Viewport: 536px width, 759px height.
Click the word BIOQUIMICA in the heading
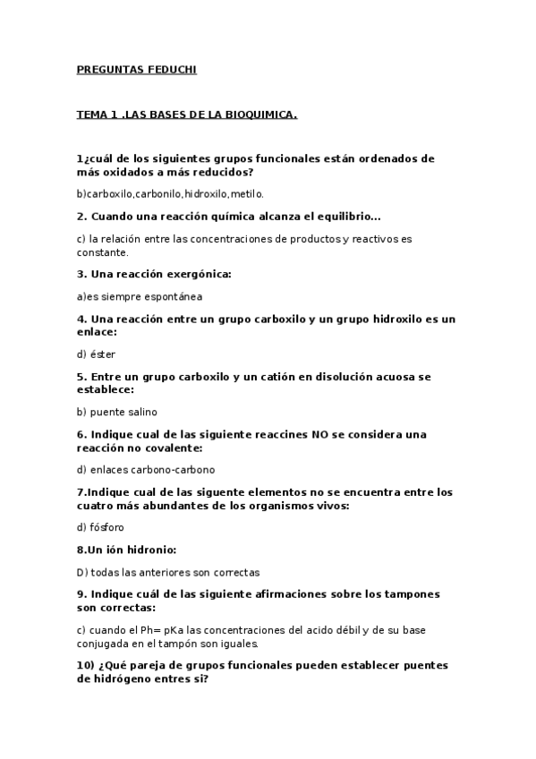tap(258, 115)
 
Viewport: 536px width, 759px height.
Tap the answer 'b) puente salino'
tap(117, 412)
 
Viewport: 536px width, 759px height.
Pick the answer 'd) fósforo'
tap(101, 527)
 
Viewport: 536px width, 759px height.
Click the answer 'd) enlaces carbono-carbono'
tap(146, 469)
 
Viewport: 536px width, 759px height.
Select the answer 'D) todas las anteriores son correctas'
tap(168, 572)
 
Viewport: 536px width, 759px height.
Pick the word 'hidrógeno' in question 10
tap(120, 678)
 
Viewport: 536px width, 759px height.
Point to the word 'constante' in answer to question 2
tap(103, 252)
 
